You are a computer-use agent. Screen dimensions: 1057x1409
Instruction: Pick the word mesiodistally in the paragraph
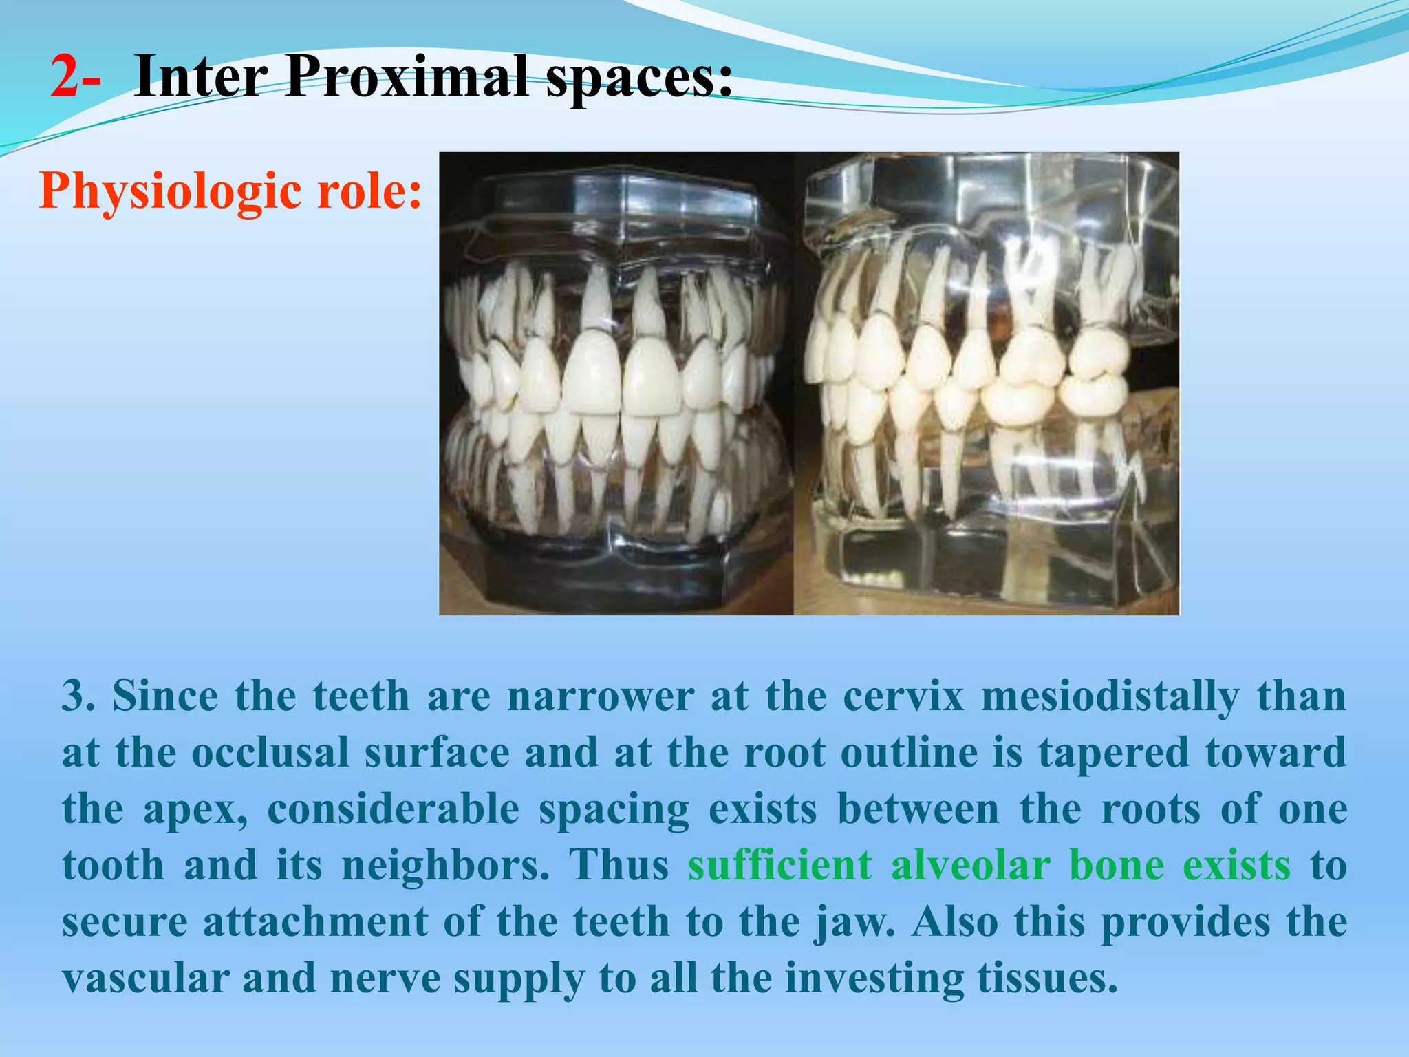[1110, 697]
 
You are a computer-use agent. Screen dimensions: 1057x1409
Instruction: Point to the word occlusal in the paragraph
[270, 752]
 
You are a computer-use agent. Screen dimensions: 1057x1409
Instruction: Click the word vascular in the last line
[144, 978]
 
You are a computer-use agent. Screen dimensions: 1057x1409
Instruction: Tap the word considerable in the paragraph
[393, 809]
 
